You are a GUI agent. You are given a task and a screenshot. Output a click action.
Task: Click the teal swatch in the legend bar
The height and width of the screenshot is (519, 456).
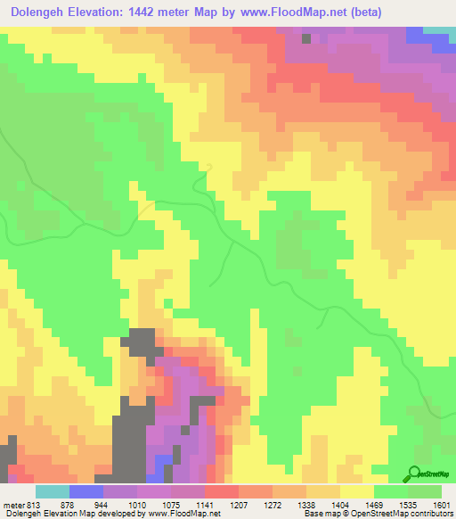click(52, 491)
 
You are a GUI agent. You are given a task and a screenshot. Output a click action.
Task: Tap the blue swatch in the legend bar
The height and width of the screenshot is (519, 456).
click(85, 491)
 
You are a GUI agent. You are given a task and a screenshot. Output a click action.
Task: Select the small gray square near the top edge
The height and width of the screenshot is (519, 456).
click(306, 38)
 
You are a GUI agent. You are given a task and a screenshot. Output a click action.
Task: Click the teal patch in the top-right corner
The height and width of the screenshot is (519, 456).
click(439, 30)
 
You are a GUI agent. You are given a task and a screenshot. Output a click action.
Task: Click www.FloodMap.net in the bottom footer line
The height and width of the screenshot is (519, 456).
click(183, 514)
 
